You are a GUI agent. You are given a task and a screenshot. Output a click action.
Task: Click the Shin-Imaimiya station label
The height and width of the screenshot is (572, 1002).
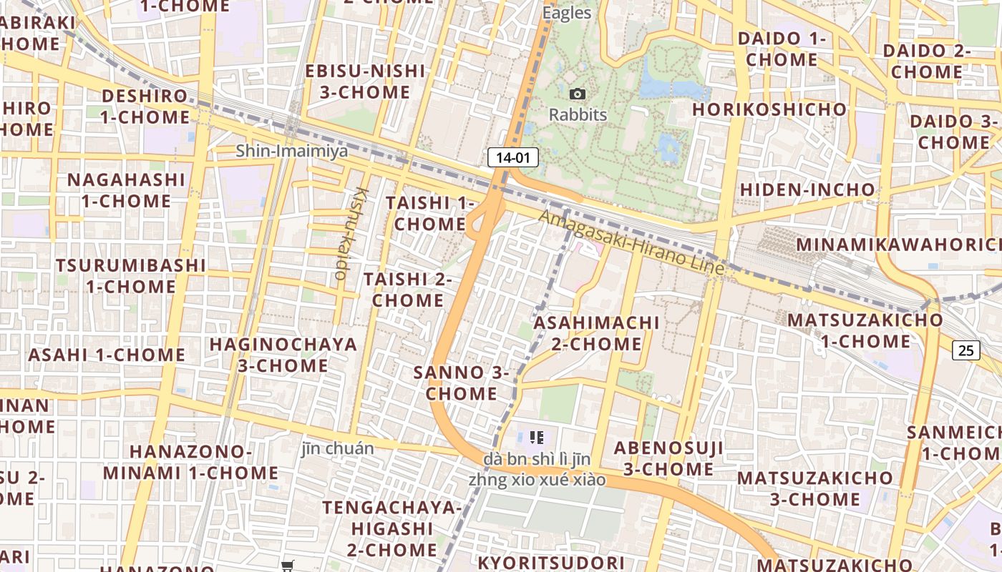click(292, 151)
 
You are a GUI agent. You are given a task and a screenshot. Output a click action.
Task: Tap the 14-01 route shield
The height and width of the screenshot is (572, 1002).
click(513, 157)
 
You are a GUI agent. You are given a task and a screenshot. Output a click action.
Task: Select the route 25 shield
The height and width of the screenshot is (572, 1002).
click(966, 350)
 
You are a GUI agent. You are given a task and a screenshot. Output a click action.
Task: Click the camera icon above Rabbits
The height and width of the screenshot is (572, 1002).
click(578, 94)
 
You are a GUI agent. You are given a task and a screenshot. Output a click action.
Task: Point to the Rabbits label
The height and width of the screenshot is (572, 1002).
click(578, 114)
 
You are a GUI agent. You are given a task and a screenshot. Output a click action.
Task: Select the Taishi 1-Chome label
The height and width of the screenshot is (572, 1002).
click(429, 213)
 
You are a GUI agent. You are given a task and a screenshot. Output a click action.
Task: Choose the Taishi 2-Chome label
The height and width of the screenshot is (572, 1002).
click(408, 290)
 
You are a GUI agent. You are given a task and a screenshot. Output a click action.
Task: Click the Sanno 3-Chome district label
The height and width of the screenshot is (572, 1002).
click(462, 383)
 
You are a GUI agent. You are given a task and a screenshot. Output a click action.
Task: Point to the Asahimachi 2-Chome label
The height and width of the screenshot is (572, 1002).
click(596, 333)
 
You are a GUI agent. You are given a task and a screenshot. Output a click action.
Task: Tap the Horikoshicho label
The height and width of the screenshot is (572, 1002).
click(769, 109)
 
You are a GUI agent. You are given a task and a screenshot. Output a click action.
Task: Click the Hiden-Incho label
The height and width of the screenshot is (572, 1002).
click(807, 189)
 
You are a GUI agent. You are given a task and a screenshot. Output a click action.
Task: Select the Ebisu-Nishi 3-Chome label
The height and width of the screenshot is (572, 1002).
click(365, 82)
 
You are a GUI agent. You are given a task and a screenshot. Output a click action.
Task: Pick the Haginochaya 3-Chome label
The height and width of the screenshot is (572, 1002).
click(283, 355)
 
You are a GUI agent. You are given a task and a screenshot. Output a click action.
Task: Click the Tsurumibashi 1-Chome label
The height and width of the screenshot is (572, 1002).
click(131, 275)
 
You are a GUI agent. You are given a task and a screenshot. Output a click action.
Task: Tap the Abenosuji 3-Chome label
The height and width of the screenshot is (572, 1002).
click(668, 458)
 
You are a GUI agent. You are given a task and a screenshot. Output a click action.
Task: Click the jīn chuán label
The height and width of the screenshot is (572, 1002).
click(337, 448)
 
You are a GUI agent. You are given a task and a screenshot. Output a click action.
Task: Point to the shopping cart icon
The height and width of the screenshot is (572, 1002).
click(288, 566)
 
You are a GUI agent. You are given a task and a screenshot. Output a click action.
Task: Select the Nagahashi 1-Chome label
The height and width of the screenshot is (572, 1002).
click(126, 190)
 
